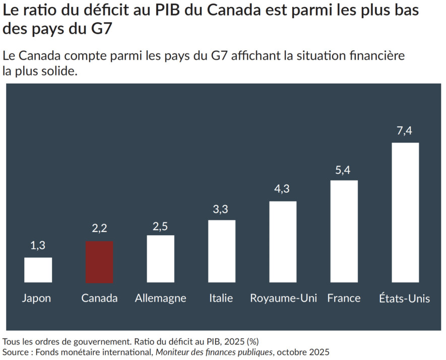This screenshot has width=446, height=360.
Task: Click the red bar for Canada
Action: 99,262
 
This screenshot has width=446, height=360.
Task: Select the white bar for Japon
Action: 38,270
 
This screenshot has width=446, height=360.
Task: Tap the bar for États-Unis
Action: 405,212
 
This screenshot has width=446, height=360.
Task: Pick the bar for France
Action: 344,231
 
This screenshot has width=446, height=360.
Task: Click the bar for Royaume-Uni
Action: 283,242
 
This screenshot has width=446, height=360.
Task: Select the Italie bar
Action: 221,251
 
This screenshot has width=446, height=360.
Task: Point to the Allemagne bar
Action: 160,259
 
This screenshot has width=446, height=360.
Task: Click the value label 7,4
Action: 405,131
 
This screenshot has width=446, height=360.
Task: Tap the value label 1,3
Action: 38,246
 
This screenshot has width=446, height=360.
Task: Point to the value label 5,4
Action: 343,170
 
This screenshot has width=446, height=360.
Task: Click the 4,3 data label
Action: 282,190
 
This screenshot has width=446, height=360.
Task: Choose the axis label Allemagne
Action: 160,298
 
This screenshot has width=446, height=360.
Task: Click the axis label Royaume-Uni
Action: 283,298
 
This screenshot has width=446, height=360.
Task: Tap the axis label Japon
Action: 36,298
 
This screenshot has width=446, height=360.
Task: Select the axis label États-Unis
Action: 404,298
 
